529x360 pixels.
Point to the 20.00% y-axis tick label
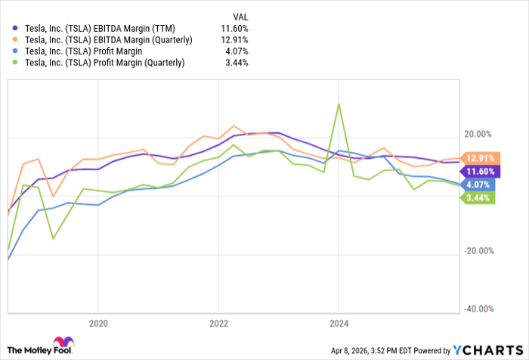point(478,134)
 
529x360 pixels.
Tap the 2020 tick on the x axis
point(98,323)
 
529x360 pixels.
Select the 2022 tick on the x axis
point(218,323)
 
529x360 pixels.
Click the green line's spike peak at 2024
point(339,104)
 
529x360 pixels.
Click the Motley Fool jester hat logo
point(63,344)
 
